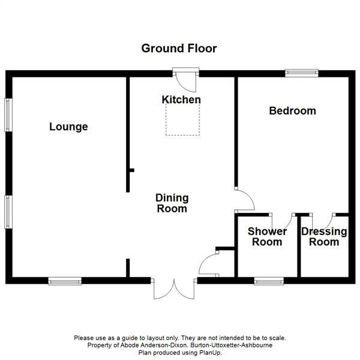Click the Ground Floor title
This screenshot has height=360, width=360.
click(x=179, y=49)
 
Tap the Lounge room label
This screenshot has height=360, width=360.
click(x=68, y=127)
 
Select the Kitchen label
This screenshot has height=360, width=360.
click(x=181, y=100)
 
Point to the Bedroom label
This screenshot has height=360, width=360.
click(x=293, y=111)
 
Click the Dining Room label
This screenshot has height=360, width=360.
click(x=172, y=203)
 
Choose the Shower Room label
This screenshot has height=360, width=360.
click(x=267, y=237)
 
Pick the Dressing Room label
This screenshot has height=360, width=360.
click(x=324, y=237)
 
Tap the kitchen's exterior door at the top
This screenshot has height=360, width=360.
click(x=186, y=80)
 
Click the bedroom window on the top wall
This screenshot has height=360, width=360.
click(x=302, y=73)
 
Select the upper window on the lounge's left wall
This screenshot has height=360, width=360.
click(x=8, y=115)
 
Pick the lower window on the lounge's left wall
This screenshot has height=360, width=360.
click(x=8, y=212)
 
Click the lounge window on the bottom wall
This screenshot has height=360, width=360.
click(x=65, y=281)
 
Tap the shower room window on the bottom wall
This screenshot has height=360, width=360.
click(x=269, y=281)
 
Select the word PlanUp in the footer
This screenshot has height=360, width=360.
click(x=209, y=352)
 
